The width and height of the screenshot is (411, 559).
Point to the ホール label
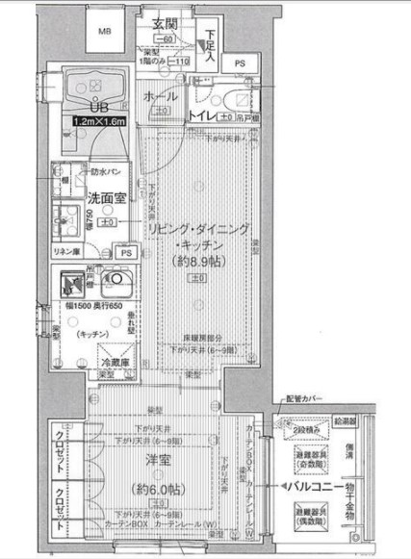[159, 97]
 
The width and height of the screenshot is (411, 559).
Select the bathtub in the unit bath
[96, 91]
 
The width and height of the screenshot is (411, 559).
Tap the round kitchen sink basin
[116, 281]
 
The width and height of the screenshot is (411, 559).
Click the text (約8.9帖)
[197, 261]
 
